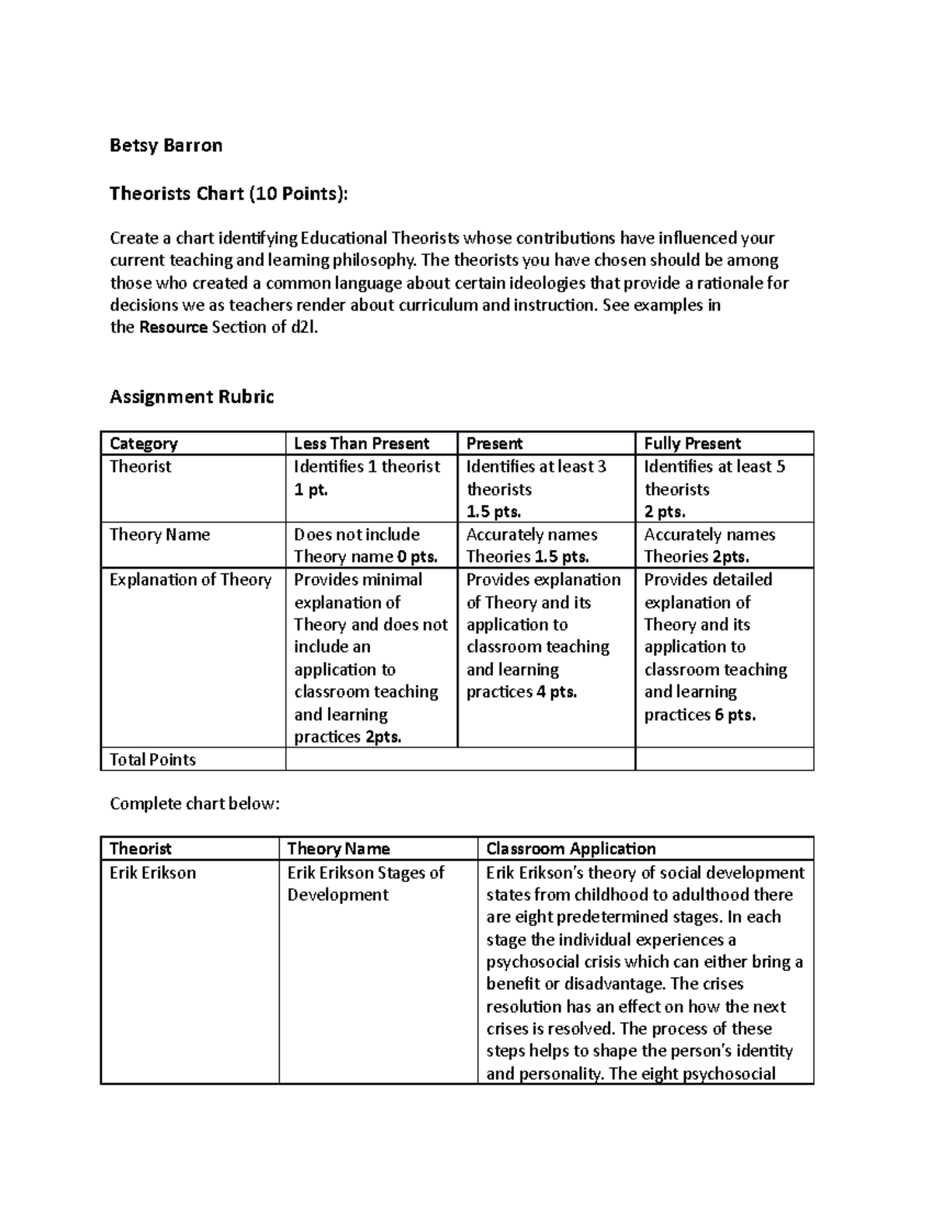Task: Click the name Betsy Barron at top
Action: pyautogui.click(x=166, y=145)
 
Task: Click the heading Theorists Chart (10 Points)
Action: pyautogui.click(x=229, y=193)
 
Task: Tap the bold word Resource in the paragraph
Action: pyautogui.click(x=173, y=327)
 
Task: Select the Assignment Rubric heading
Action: pyautogui.click(x=191, y=397)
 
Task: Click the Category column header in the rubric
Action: pyautogui.click(x=144, y=443)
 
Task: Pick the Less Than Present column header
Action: pyautogui.click(x=362, y=443)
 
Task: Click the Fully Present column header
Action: pyautogui.click(x=693, y=443)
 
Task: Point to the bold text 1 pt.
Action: pyautogui.click(x=311, y=490)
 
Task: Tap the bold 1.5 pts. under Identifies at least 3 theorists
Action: pyautogui.click(x=494, y=512)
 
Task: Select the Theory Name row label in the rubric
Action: pyautogui.click(x=159, y=534)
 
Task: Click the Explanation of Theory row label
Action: pyautogui.click(x=190, y=579)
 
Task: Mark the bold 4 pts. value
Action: pyautogui.click(x=556, y=692)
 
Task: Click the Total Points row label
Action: pyautogui.click(x=152, y=759)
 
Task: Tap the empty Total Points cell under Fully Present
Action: pyautogui.click(x=724, y=759)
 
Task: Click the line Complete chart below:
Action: pyautogui.click(x=194, y=804)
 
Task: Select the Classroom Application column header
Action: pyautogui.click(x=571, y=849)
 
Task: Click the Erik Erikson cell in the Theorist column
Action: pyautogui.click(x=152, y=873)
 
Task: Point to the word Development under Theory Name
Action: pyautogui.click(x=337, y=895)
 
